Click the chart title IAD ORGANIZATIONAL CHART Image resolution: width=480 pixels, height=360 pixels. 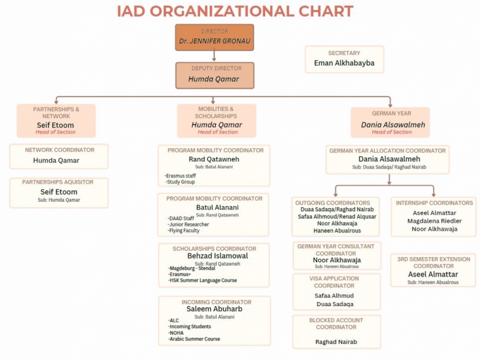pos(235,11)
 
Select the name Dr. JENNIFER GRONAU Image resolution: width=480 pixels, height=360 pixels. pos(214,41)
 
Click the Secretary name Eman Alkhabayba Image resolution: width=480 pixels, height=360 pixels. pos(344,63)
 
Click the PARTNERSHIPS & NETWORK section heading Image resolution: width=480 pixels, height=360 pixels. pos(56,113)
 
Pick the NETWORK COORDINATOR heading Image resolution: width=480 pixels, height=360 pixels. pos(60,150)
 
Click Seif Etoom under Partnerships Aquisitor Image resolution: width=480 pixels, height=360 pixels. pos(59,192)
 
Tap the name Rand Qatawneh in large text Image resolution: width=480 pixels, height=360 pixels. pos(214,159)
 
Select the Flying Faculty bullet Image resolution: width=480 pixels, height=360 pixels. pos(184,231)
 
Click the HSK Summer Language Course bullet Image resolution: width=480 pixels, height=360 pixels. pos(203,281)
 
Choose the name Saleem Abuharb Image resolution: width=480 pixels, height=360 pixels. pos(214,309)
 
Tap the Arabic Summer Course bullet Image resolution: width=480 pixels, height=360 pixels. pos(195,339)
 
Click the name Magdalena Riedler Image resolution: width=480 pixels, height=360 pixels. pos(434,221)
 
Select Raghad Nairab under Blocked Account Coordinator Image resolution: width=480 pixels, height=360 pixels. pos(336,342)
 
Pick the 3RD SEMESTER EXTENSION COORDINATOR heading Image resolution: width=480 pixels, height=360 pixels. pos(434,262)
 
